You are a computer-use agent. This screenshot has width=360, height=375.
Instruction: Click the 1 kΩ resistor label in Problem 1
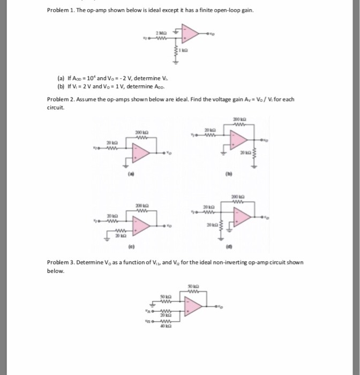[185, 52]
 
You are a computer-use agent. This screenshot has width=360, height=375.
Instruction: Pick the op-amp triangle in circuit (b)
[238, 141]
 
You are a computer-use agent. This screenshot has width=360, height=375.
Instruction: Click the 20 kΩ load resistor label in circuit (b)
[245, 153]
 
